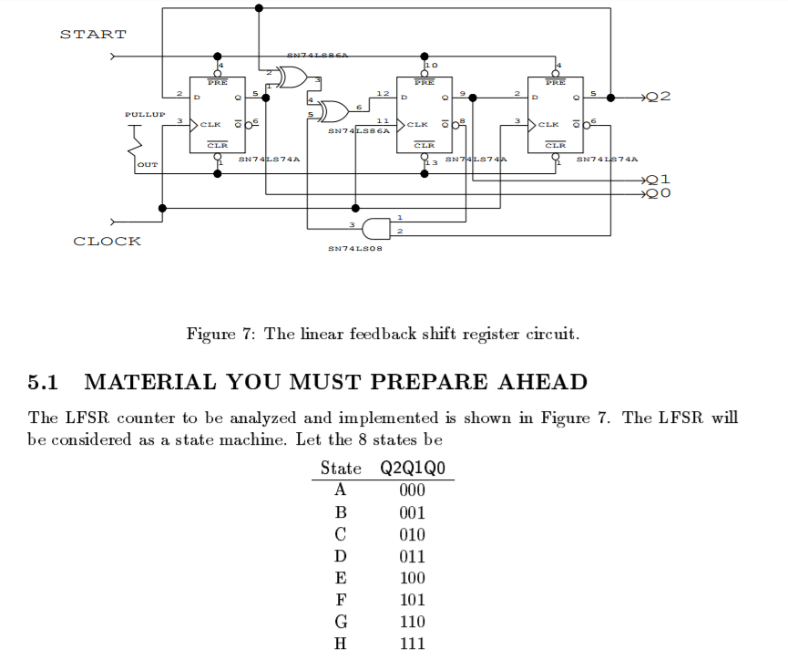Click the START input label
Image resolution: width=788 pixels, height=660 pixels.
(x=93, y=35)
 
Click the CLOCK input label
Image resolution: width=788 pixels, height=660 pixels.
(x=107, y=242)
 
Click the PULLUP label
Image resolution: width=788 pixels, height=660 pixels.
(x=145, y=115)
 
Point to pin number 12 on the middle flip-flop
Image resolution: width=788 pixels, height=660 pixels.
(x=383, y=94)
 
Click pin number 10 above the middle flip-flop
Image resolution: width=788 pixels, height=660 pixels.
(x=432, y=66)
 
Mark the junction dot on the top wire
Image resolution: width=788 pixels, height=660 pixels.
(x=260, y=8)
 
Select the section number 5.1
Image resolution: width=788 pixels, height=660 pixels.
(x=44, y=382)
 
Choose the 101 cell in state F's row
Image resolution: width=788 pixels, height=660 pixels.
(x=412, y=600)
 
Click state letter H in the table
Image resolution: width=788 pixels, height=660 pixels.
(x=341, y=644)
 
